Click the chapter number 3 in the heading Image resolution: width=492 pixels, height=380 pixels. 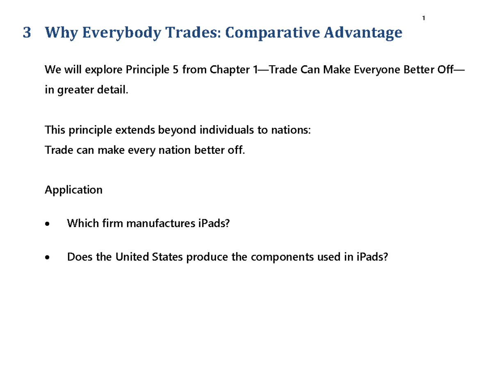tap(27, 32)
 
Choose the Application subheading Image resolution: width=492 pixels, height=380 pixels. tap(74, 190)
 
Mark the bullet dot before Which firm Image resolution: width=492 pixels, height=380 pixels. tap(48, 224)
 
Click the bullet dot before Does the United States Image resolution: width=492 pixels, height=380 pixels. tap(48, 257)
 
